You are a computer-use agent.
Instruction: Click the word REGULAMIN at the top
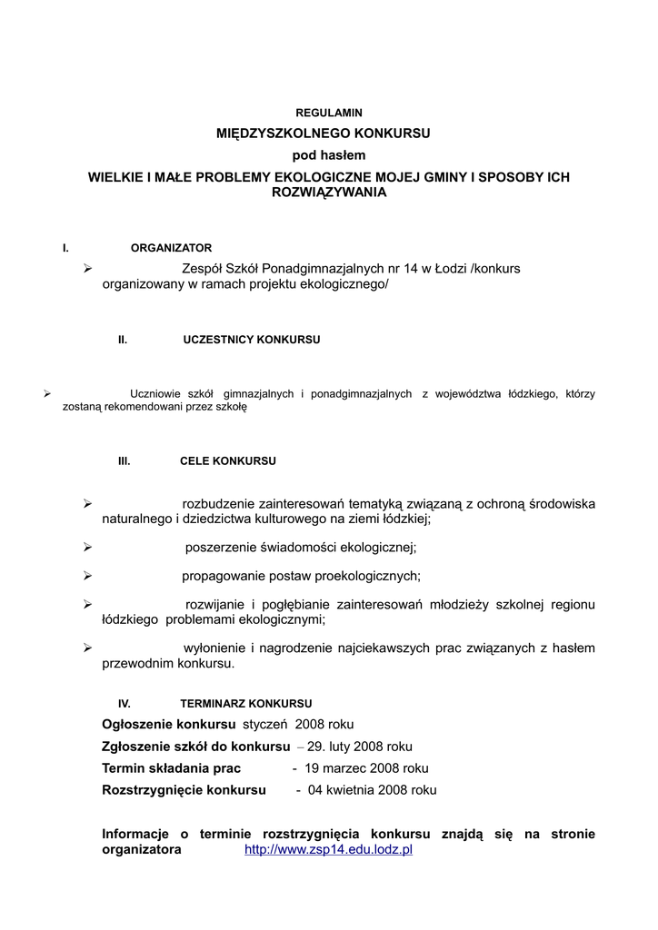(329, 113)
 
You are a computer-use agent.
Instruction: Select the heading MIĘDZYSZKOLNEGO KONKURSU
(324, 134)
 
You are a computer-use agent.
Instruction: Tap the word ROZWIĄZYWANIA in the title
(329, 193)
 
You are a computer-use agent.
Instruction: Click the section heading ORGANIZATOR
(172, 248)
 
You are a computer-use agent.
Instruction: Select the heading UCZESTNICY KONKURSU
(252, 340)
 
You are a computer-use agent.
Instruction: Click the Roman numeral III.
(125, 461)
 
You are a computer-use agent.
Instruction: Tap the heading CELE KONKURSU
(228, 461)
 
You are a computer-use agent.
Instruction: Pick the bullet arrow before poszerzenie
(88, 547)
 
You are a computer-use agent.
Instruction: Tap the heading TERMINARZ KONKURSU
(246, 704)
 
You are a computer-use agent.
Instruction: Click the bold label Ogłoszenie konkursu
(169, 725)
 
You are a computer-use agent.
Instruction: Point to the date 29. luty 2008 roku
(360, 747)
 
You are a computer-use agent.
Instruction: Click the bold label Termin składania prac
(171, 768)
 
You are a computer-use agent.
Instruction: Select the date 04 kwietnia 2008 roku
(373, 790)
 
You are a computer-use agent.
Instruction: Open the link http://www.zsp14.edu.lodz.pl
(329, 850)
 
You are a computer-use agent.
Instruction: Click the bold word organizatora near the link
(142, 850)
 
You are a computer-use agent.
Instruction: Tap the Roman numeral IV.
(125, 704)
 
